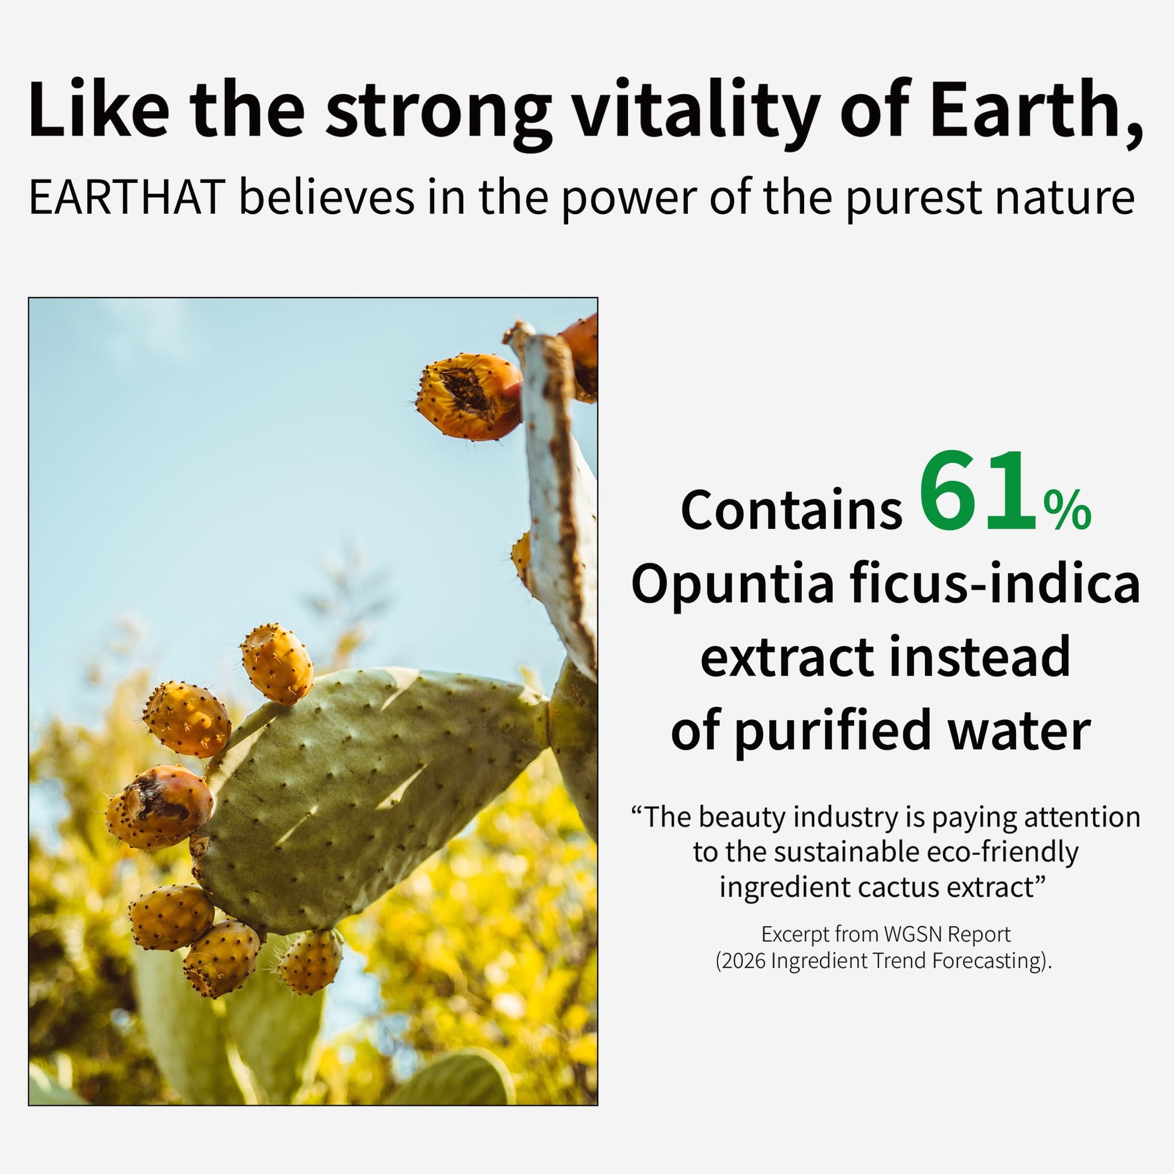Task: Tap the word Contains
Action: (x=791, y=509)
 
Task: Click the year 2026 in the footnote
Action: (x=743, y=960)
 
